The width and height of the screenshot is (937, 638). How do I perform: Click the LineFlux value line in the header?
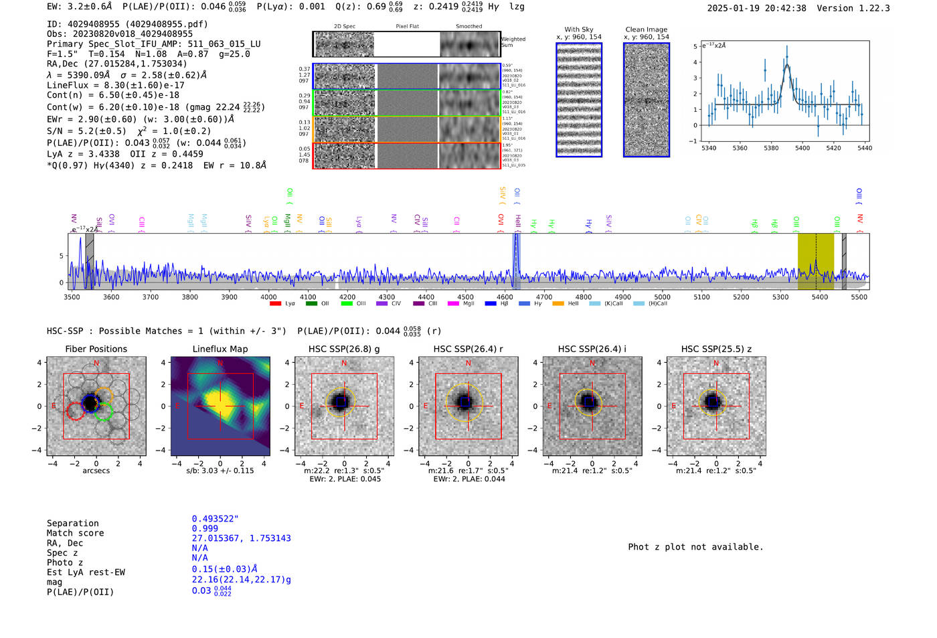coord(116,85)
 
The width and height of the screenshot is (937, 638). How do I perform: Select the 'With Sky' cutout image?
coord(579,100)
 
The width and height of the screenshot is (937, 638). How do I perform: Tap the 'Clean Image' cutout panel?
coord(647,100)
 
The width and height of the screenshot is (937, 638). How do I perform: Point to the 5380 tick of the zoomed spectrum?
coord(771,148)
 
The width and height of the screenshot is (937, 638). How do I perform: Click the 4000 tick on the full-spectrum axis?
coord(268,297)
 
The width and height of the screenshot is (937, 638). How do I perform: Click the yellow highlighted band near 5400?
coord(815,261)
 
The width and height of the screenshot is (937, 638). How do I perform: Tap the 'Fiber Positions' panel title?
coord(96,349)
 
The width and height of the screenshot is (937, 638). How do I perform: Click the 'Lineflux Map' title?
coord(220,349)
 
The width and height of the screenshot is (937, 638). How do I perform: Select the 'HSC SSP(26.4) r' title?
coord(468,349)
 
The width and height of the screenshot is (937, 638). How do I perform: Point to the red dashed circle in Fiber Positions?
coord(75,411)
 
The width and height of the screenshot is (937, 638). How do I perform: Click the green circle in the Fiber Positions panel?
coord(104,411)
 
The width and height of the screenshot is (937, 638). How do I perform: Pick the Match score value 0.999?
coord(205,528)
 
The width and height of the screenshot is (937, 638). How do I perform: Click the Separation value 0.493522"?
coord(215,519)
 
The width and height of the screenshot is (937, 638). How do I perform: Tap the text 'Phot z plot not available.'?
coord(695,547)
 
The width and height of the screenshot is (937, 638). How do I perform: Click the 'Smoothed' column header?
coord(469,27)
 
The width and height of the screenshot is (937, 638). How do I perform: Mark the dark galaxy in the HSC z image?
coord(713,402)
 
